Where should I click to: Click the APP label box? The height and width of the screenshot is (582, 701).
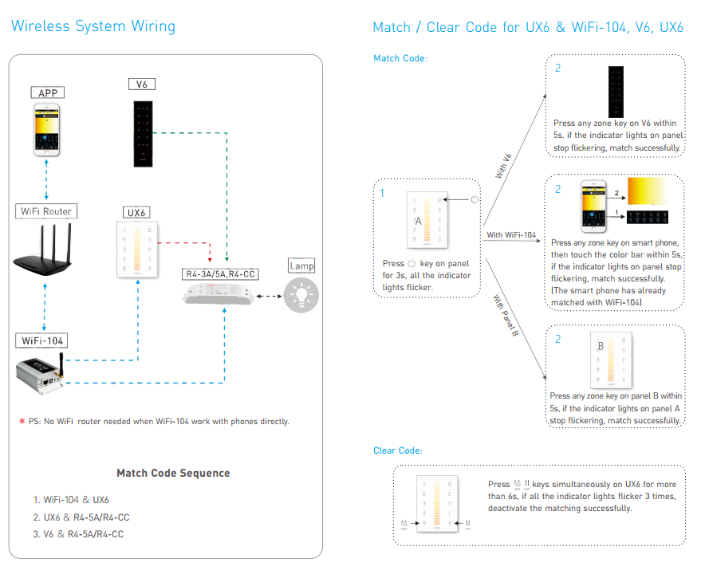tap(47, 92)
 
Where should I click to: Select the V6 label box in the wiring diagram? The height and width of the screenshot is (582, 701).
tap(142, 84)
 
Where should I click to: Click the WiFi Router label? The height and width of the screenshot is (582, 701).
tap(45, 211)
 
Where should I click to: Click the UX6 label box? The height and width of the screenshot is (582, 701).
tap(138, 213)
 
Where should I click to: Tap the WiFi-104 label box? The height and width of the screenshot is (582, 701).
tap(41, 340)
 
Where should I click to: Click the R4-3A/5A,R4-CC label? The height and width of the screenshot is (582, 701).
tap(221, 274)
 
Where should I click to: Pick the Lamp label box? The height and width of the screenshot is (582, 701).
tap(302, 265)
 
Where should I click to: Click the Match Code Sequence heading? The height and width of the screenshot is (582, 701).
tap(173, 473)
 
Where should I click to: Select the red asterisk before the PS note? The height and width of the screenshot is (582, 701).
tap(22, 421)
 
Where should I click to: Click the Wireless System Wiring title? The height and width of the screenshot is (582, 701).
tap(93, 26)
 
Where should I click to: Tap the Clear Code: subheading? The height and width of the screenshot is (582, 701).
tap(398, 450)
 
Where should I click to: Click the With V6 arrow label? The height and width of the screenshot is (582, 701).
tap(504, 166)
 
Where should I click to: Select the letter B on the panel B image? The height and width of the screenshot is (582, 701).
tap(601, 347)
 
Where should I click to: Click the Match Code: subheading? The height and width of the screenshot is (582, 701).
tap(400, 58)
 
